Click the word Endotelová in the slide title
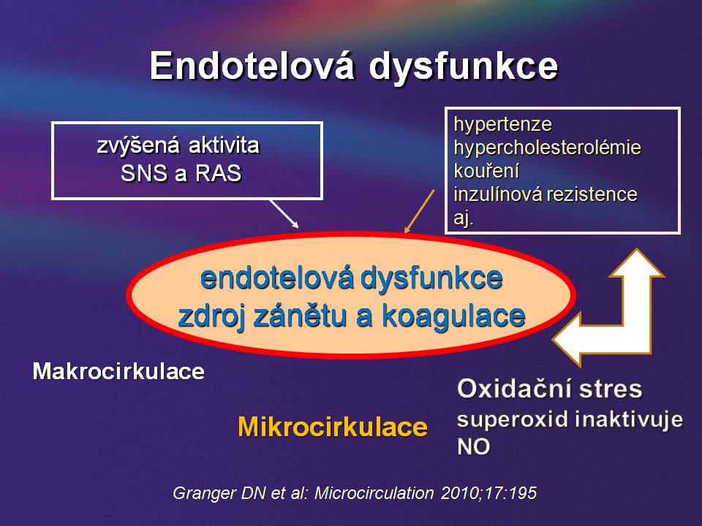coord(252,66)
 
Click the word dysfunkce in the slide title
coord(464,67)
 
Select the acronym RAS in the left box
coord(219,173)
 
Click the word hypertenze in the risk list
coord(503,124)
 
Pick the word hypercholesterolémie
coord(547,147)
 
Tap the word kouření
coord(487,170)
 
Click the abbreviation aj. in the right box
coord(464,218)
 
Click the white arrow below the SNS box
coord(284,214)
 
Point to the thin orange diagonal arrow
coord(420,210)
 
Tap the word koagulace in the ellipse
coord(453,316)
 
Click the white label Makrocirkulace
coord(118,371)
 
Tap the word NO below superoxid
coord(473,446)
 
